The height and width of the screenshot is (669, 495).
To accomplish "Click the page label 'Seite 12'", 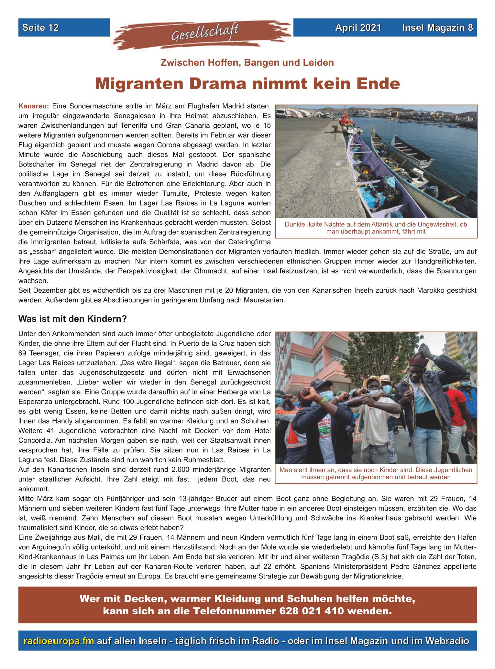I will [x=40, y=28].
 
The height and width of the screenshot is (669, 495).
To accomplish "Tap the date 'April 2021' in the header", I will [x=358, y=28].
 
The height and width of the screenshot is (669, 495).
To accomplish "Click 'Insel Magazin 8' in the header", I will [x=437, y=28].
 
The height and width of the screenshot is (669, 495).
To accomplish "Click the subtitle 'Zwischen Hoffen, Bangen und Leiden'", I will [x=247, y=62].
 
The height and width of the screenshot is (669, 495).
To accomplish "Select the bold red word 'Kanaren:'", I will [x=34, y=106].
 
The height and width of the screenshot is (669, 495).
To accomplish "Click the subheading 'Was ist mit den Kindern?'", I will [x=72, y=319].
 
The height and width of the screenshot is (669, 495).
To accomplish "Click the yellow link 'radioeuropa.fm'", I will [x=59, y=641].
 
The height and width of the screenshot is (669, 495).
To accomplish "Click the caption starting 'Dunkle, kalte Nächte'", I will [x=376, y=228].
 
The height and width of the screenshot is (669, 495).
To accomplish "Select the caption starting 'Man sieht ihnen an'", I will [x=376, y=473].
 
